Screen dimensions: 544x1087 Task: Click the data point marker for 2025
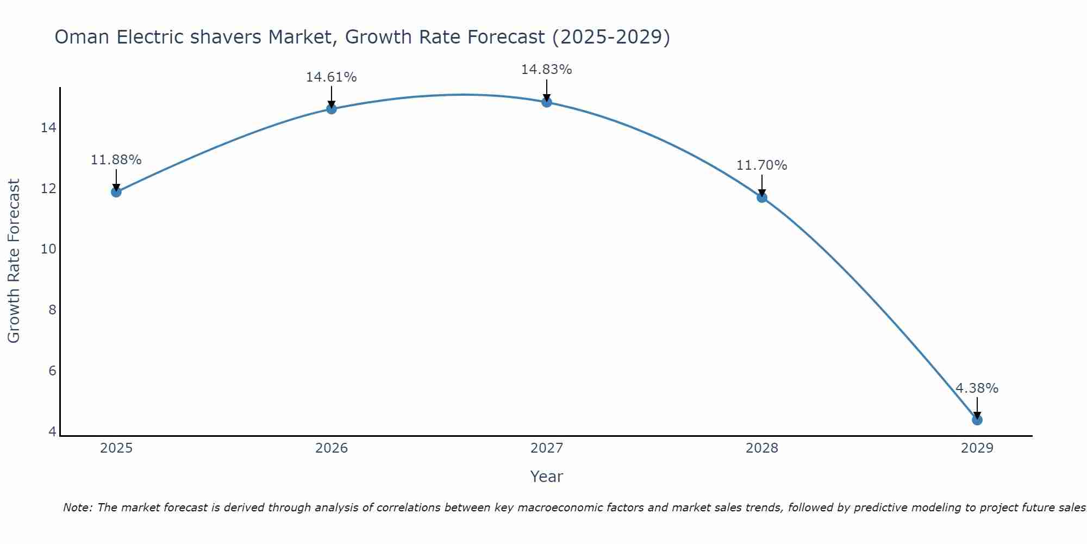[x=116, y=191]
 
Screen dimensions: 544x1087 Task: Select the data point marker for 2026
[x=332, y=109]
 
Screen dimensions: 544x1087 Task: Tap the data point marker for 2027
[x=547, y=102]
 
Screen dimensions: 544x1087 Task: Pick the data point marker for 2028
[x=762, y=197]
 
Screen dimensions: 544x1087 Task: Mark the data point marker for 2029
[x=977, y=419]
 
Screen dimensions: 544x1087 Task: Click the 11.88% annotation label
[x=116, y=160]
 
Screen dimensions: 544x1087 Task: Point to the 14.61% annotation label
[x=331, y=77]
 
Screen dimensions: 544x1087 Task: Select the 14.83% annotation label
[x=546, y=70]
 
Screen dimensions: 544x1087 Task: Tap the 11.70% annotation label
[x=761, y=165]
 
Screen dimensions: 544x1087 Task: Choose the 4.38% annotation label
[x=977, y=388]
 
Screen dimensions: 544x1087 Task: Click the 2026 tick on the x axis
[x=332, y=448]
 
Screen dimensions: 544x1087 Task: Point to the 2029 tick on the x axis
[x=977, y=448]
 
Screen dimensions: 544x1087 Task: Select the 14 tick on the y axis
[x=48, y=128]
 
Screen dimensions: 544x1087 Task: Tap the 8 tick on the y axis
[x=52, y=310]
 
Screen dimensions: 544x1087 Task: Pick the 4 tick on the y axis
[x=52, y=431]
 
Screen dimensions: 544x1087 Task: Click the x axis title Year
[x=546, y=477]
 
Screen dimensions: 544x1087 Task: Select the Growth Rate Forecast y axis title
[x=14, y=261]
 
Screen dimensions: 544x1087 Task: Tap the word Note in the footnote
[x=77, y=508]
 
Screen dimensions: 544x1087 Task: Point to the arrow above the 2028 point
[x=762, y=185]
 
